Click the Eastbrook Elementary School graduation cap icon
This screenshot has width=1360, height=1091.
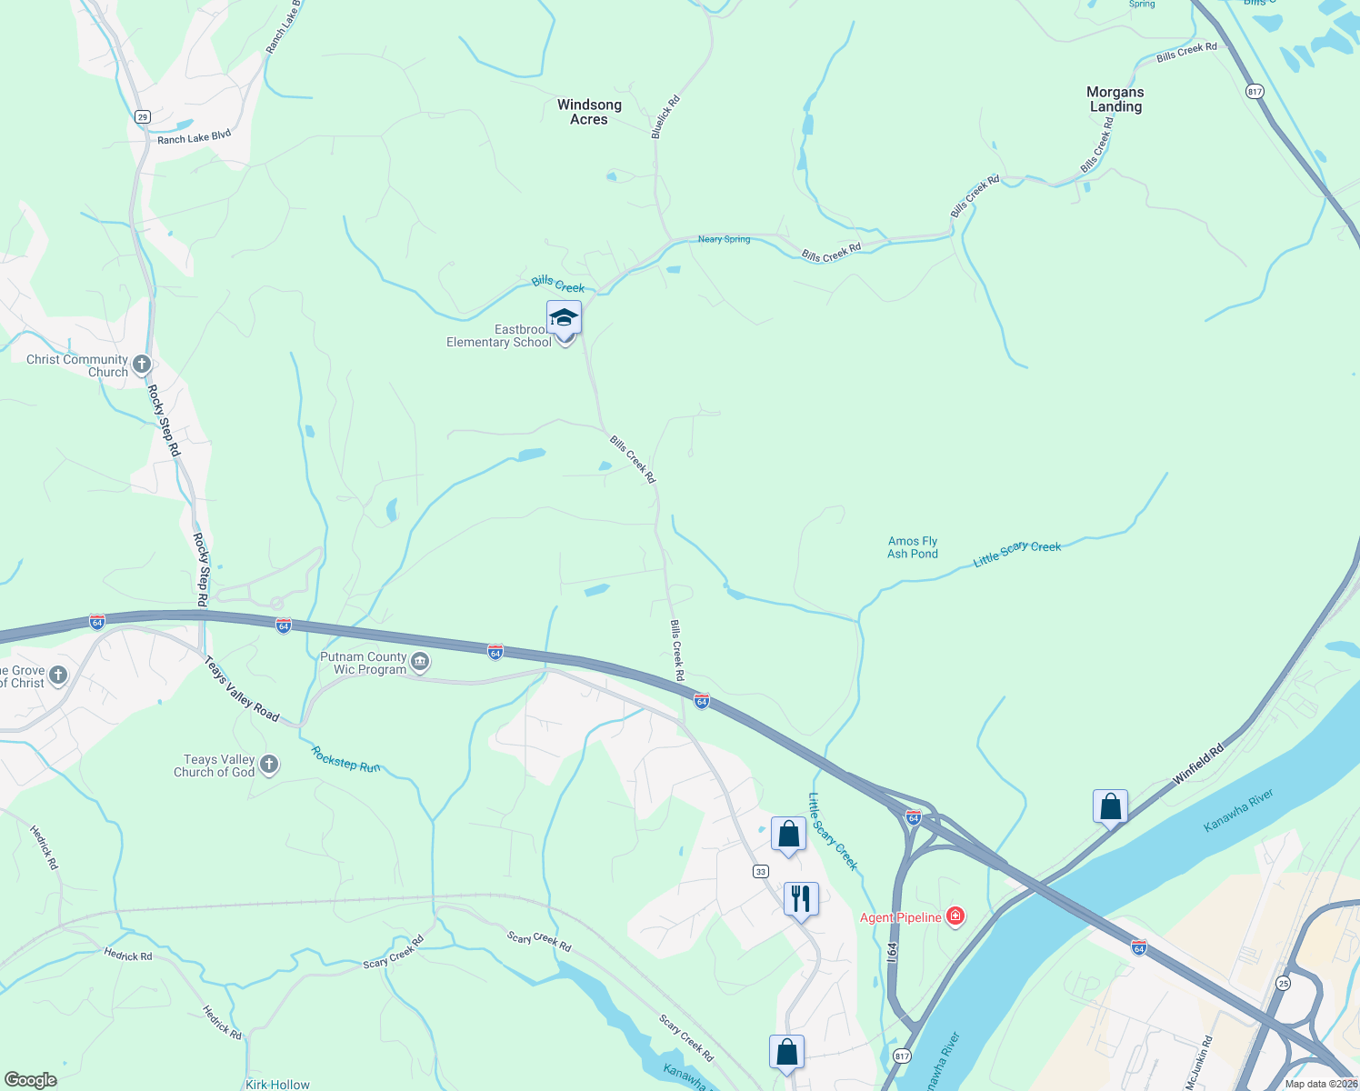564,318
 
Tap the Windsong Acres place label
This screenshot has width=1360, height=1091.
589,112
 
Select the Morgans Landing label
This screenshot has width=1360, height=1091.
1115,99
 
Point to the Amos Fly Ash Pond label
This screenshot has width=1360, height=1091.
912,547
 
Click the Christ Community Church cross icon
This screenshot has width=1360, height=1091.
141,365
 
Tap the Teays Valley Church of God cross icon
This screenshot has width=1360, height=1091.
269,765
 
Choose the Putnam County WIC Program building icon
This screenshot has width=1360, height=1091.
420,662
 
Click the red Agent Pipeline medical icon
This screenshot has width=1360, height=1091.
955,916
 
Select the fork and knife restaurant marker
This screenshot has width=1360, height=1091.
801,899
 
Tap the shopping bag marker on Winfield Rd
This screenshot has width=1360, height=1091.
1110,806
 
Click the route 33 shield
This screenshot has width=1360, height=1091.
761,871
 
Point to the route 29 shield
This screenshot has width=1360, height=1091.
142,116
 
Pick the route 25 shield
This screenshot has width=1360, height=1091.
1283,983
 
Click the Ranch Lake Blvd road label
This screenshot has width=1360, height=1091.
194,137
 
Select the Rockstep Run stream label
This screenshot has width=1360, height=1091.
345,759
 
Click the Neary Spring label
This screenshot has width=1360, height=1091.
724,239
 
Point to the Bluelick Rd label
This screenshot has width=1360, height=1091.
665,117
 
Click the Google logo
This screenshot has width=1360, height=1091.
30,1080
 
